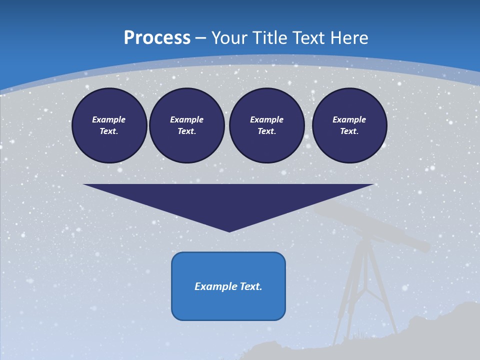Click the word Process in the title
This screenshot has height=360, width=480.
coord(157,38)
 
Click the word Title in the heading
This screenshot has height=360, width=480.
coord(268,38)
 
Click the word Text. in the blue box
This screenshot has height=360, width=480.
coord(250,286)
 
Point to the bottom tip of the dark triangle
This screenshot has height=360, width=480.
coord(229,230)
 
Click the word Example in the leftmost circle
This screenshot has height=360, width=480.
coord(109,119)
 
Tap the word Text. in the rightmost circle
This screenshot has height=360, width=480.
coord(349,131)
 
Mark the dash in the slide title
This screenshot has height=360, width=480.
coord(200,38)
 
